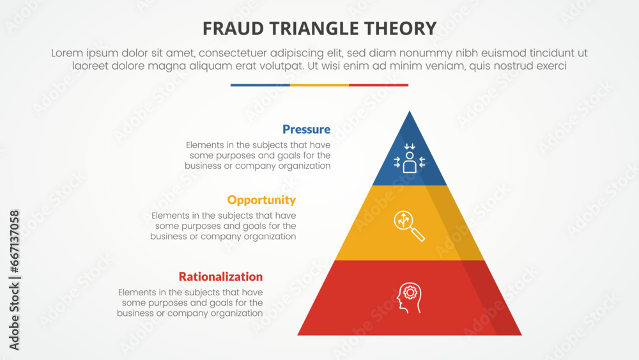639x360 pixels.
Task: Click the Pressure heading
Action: [306, 129]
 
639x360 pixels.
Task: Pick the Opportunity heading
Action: [261, 200]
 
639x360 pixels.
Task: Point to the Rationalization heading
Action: [220, 277]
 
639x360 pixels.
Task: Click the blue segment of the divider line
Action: [260, 85]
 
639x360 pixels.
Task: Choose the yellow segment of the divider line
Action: [319, 85]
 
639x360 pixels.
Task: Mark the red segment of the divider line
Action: [378, 85]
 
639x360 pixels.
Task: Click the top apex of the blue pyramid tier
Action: [410, 112]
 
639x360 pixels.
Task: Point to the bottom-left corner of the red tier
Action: [298, 334]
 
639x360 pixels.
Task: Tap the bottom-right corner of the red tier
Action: [521, 334]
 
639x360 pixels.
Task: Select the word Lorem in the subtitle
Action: [66, 54]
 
